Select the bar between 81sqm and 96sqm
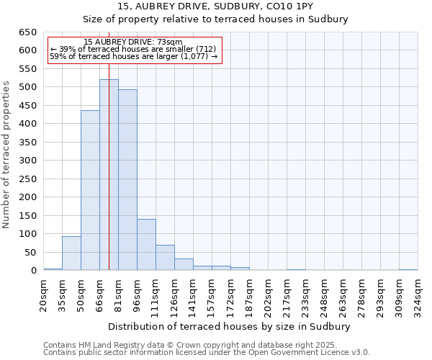click(127, 180)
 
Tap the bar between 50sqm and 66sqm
click(90, 190)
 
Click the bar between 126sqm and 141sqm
click(184, 264)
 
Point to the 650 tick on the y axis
click(27, 32)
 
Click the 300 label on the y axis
click(27, 161)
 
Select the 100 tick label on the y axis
click(27, 234)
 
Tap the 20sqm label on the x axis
click(44, 294)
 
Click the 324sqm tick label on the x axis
click(418, 294)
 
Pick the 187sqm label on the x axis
click(250, 294)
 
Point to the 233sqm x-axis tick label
click(306, 294)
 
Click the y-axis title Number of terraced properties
click(6, 154)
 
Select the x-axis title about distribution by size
click(230, 326)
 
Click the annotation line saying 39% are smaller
click(133, 49)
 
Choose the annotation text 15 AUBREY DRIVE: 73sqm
click(133, 42)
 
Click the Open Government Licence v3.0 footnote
click(207, 353)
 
